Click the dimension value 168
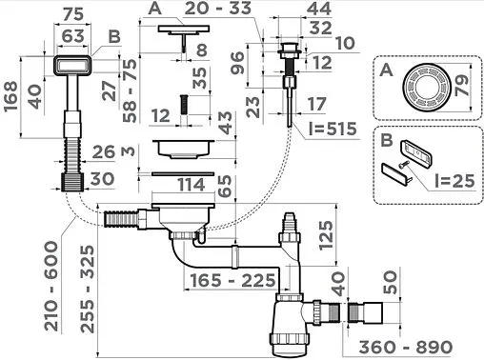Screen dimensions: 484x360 pos(10,96)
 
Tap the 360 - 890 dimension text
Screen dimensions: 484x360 pos(406,347)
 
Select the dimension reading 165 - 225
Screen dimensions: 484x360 pos(232,280)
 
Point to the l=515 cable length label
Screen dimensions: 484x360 pos(333,129)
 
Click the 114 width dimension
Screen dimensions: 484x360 pos(191,185)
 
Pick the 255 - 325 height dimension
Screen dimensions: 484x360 pos(88,289)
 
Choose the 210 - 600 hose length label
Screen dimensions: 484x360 pos(51,286)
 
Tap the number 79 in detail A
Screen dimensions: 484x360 pos(462,86)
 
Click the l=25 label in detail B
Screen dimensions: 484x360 pos(454,181)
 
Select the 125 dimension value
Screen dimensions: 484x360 pos(327,235)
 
